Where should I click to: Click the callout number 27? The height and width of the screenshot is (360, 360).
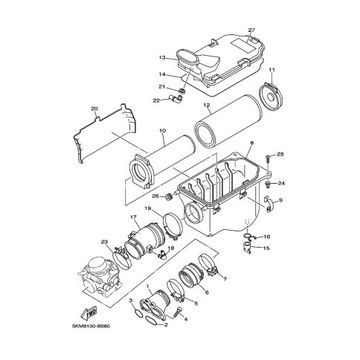click(x=251, y=30)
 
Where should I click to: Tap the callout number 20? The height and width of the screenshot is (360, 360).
click(x=94, y=109)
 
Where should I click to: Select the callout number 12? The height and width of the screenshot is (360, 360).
click(x=207, y=105)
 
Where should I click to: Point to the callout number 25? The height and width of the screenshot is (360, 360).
click(x=280, y=154)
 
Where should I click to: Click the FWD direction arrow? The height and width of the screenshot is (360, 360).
click(x=89, y=314)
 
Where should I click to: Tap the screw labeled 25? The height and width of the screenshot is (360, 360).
click(x=267, y=158)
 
